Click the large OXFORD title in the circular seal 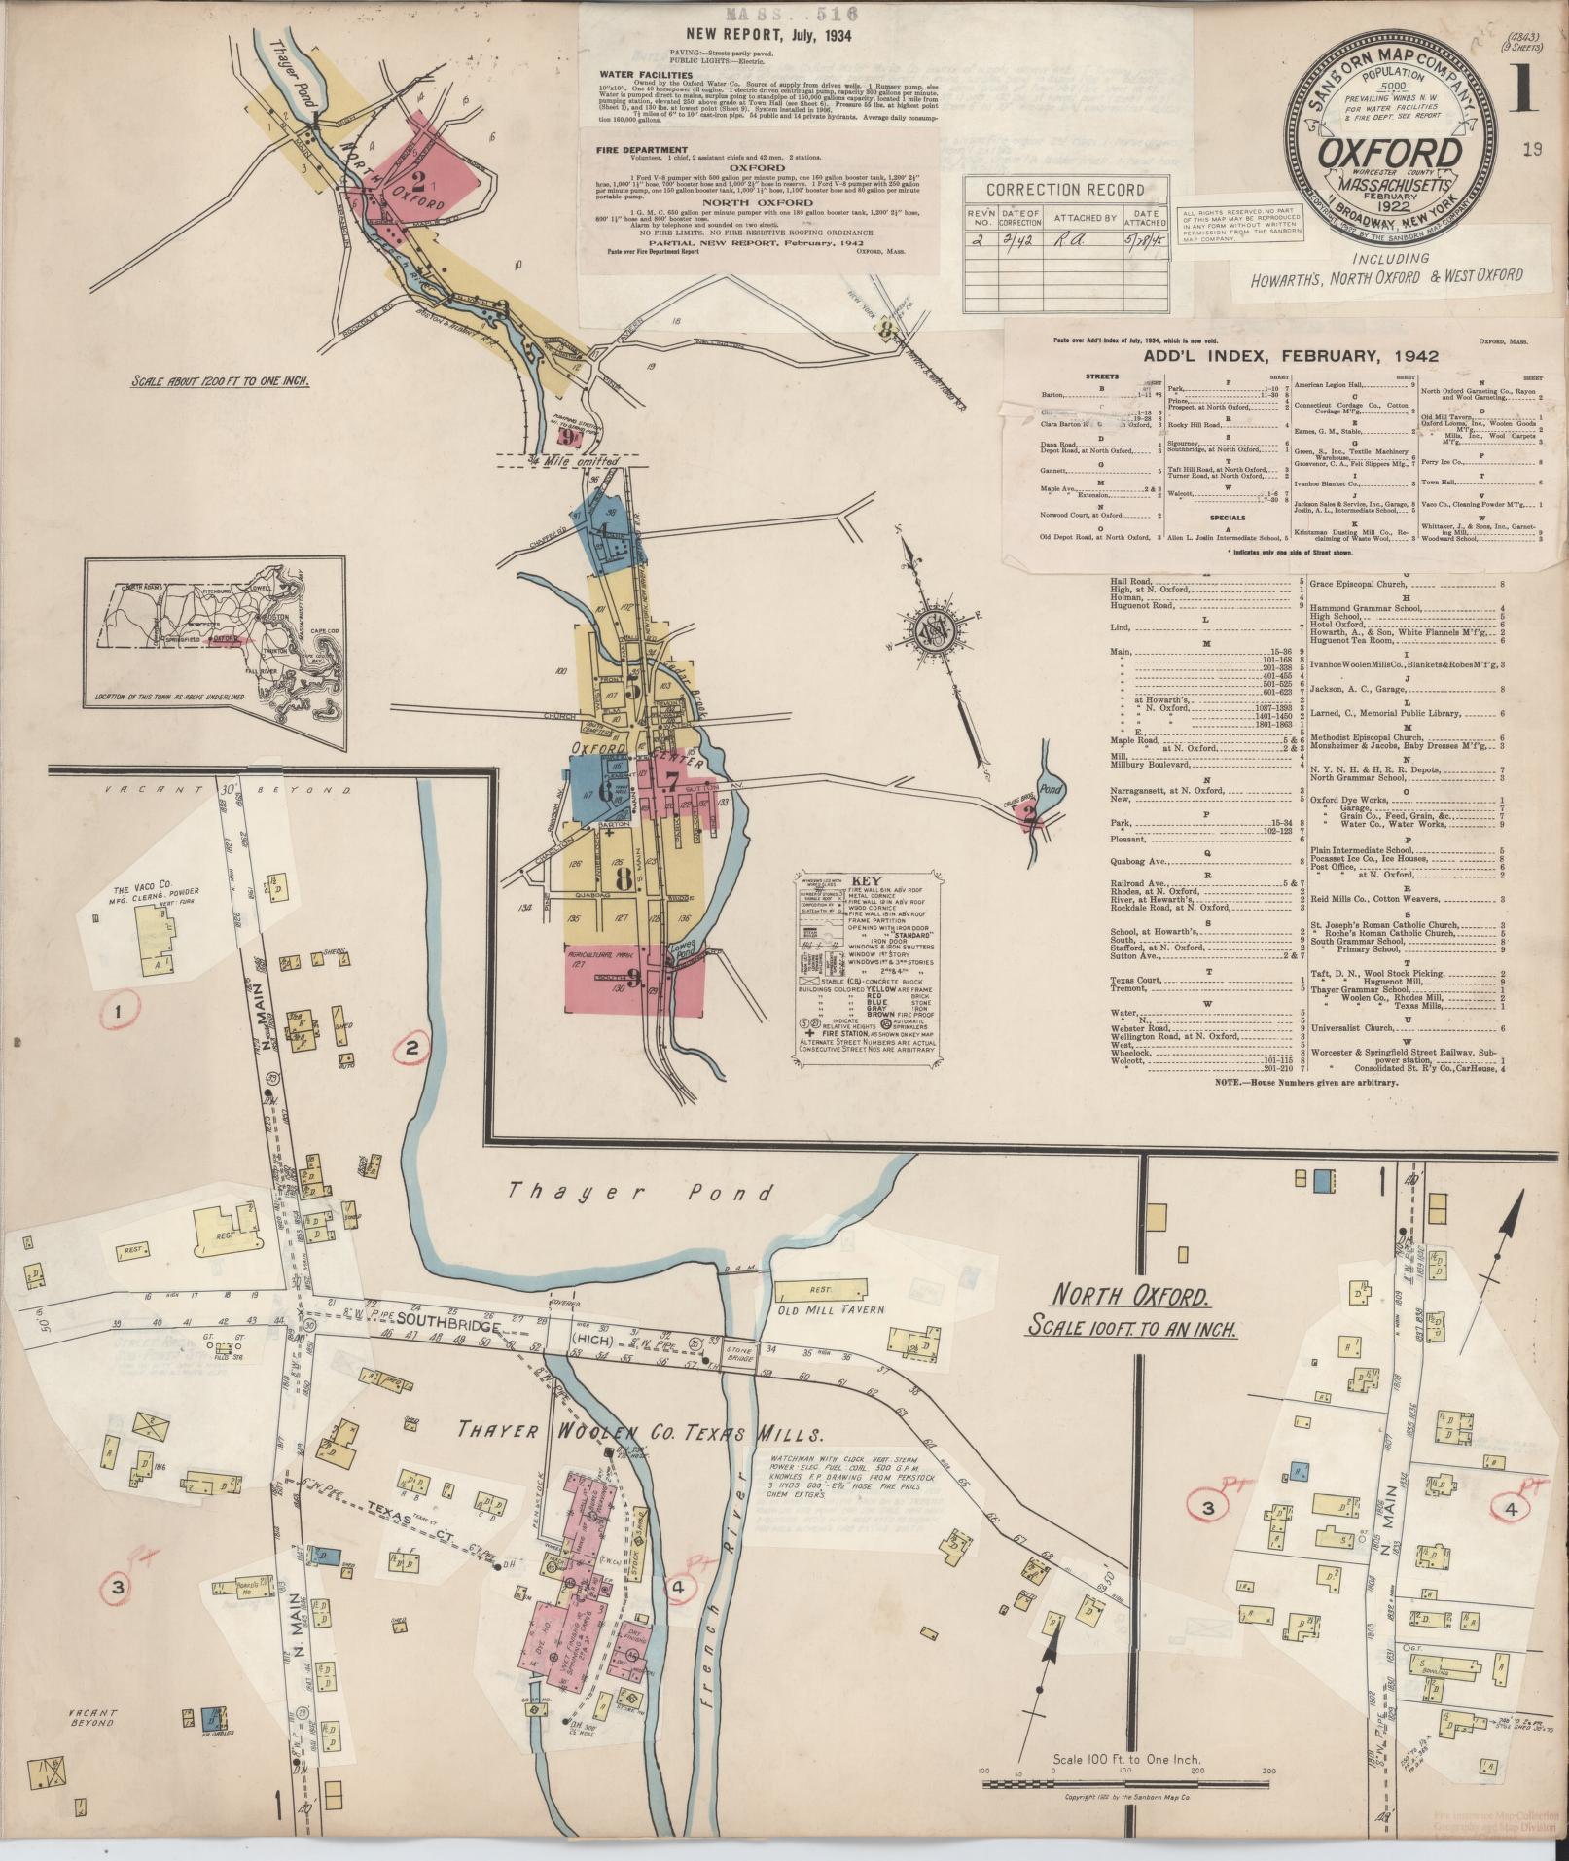[x=1391, y=153]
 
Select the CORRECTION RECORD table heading [x=1065, y=190]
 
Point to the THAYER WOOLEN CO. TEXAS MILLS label [x=642, y=1432]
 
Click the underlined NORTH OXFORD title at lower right [x=1129, y=1297]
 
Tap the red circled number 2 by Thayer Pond [x=411, y=1048]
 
